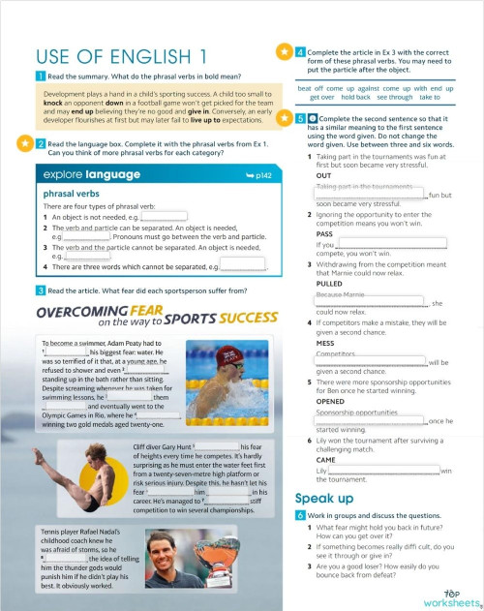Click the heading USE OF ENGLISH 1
[121, 55]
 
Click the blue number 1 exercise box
[39, 76]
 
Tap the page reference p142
[258, 175]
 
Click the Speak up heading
[323, 498]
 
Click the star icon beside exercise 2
[22, 143]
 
